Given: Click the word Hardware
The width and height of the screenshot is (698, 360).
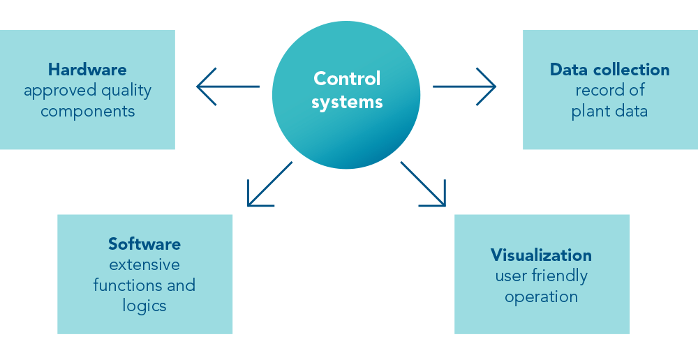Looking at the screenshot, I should pos(87,70).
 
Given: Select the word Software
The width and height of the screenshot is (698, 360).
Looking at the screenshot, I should pos(144,244).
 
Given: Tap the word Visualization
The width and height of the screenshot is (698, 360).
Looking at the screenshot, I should pos(541,255).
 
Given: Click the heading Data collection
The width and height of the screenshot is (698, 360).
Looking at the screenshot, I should pos(609,70).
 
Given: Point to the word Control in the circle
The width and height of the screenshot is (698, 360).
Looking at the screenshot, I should pos(347,78).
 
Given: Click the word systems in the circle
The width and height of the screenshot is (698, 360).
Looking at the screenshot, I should pos(347,102).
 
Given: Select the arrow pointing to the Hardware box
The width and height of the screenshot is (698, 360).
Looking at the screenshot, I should pos(228,87).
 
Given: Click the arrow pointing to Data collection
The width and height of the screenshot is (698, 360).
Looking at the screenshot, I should pos(464,87).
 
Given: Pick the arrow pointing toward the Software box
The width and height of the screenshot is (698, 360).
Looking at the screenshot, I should pos(269,184).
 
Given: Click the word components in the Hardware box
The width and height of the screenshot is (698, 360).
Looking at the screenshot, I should pos(87,112).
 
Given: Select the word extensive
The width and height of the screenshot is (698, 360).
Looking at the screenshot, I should pos(144,265).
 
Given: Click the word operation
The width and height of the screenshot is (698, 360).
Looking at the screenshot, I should pos(541,297).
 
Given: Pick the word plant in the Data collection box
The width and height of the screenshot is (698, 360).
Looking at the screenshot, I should pos(591,112).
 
